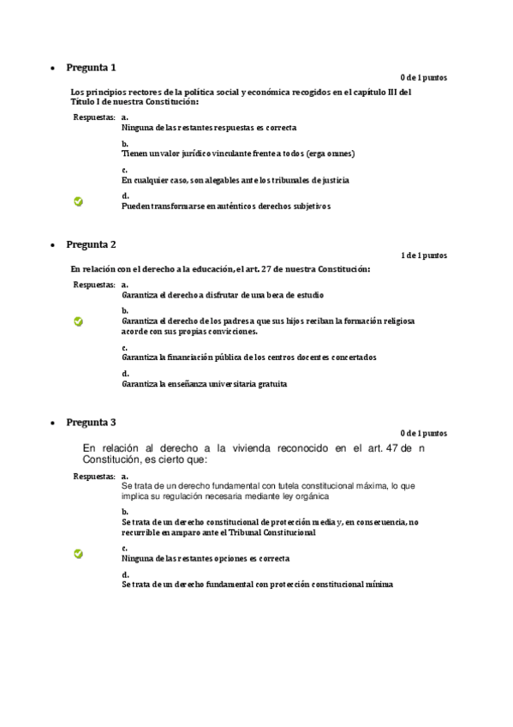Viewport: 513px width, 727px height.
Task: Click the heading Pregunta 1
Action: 91,67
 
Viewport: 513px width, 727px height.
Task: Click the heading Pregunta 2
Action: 91,244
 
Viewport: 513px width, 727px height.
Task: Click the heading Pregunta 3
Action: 91,422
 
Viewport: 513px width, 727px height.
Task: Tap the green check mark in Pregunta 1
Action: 79,201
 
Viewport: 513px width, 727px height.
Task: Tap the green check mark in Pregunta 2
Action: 79,321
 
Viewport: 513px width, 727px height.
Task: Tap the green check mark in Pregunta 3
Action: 79,554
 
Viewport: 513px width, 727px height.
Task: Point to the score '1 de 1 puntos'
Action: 423,255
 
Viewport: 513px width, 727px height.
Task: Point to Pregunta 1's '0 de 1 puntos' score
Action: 423,78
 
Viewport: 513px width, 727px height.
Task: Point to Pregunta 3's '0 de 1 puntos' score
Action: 423,433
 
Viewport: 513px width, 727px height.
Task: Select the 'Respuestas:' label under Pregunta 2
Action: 94,284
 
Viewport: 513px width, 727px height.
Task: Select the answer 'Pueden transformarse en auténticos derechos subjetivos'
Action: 225,207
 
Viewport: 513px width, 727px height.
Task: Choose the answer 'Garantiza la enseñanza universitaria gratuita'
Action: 204,384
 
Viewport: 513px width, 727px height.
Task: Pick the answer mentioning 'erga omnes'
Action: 238,153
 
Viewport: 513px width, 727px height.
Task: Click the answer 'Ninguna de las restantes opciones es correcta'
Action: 206,558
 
